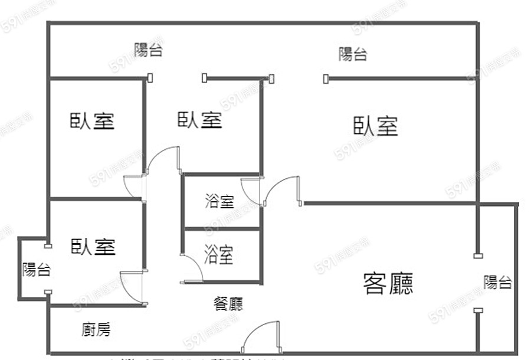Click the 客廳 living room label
point(388,283)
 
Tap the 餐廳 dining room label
point(228,303)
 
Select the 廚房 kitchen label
point(96,329)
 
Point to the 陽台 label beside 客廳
point(497,282)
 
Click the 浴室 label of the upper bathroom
point(219,202)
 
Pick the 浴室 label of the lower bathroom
point(219,256)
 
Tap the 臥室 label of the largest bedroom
point(376,126)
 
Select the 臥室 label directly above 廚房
point(93,246)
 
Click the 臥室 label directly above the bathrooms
point(200,120)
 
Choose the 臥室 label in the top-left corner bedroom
point(92,121)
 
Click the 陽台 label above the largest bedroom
point(353,54)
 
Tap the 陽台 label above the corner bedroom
point(148,50)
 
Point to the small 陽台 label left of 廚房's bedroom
point(37,270)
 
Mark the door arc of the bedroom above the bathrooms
point(163,159)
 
